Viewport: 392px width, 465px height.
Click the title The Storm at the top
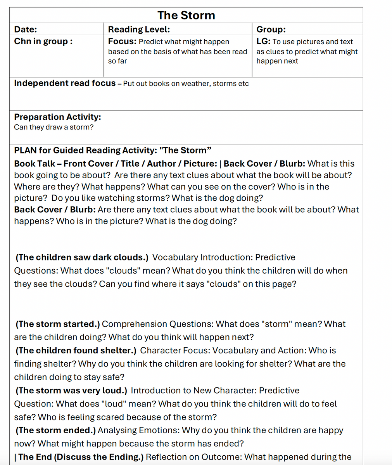[x=186, y=15]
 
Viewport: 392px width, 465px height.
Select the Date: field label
[x=26, y=29]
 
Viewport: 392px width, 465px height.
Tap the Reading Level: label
[x=139, y=29]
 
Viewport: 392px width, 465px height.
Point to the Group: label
[x=271, y=29]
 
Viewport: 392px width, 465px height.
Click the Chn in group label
[x=43, y=41]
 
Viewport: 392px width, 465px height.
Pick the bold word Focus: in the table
[x=122, y=41]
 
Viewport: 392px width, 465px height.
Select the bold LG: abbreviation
[x=263, y=41]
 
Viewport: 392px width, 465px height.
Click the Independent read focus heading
[x=65, y=83]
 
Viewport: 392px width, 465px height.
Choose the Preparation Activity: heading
[x=57, y=117]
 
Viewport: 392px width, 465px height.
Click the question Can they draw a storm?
[x=54, y=127]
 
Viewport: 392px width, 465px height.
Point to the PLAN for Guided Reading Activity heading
[x=112, y=150]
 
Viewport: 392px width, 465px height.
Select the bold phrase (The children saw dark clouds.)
[x=82, y=257]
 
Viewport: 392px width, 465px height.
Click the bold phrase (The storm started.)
[x=58, y=324]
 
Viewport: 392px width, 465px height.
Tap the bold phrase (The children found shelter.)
[x=76, y=351]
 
